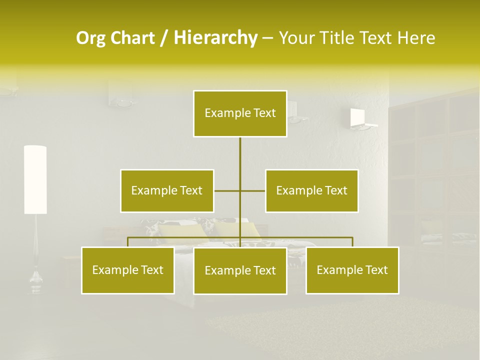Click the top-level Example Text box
point(240,113)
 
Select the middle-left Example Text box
point(167,191)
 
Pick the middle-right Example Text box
point(311,191)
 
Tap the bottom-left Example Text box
point(128,270)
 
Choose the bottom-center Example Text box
point(240,271)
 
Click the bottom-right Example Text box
point(352,270)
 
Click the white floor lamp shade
point(35,179)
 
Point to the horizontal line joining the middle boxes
point(227,191)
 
